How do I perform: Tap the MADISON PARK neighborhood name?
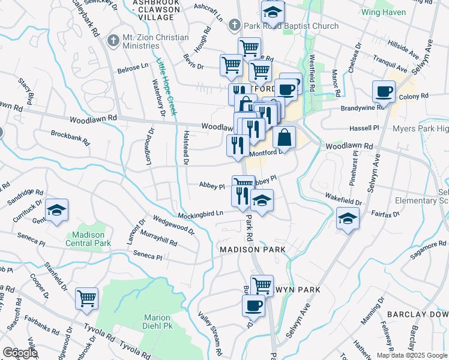pos(252,249)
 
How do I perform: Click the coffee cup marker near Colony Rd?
pos(384,91)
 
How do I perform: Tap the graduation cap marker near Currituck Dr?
pos(56,209)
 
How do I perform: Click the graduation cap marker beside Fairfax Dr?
pos(348,217)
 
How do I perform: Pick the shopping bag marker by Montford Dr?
pos(285,136)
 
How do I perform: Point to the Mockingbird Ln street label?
pos(200,214)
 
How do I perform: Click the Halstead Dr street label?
pos(186,148)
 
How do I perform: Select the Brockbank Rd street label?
pos(70,138)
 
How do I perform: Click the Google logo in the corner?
pos(20,353)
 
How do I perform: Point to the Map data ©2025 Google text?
pos(411,355)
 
